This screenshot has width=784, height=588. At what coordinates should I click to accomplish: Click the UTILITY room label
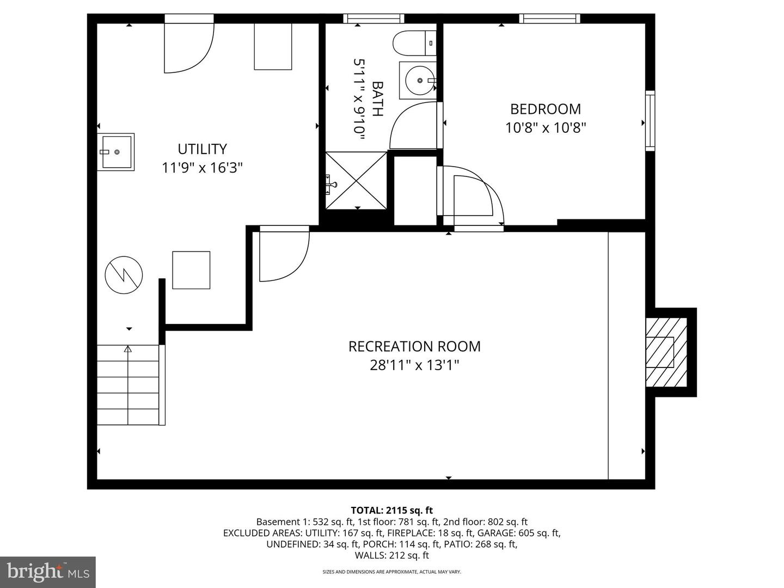click(202, 149)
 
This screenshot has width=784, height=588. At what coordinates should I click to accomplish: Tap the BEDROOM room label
click(545, 109)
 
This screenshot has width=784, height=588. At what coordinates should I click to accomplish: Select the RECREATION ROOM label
click(414, 346)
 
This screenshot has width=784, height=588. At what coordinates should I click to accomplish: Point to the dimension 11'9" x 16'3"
click(202, 168)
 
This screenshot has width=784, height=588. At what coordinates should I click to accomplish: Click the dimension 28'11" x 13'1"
click(414, 365)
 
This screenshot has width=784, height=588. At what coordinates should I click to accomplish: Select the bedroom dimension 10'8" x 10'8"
click(545, 128)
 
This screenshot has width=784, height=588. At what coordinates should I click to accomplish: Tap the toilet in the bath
click(414, 44)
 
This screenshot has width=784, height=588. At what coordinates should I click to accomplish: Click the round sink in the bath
click(419, 81)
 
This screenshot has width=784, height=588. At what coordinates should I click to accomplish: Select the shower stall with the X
click(357, 180)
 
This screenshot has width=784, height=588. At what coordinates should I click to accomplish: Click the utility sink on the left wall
click(116, 152)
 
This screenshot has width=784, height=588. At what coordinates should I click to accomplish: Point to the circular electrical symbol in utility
click(124, 275)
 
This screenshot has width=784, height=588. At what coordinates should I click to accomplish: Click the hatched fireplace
click(666, 353)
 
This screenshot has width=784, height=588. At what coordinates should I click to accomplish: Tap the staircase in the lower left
click(129, 385)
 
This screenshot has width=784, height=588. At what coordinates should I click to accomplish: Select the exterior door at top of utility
click(188, 48)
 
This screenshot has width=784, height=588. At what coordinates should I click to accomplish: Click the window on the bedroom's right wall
click(650, 121)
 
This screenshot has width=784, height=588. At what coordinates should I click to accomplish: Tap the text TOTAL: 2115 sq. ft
click(391, 510)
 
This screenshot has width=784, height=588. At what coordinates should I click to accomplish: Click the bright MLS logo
click(47, 572)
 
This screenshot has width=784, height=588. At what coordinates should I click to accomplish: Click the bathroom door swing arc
click(412, 126)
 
